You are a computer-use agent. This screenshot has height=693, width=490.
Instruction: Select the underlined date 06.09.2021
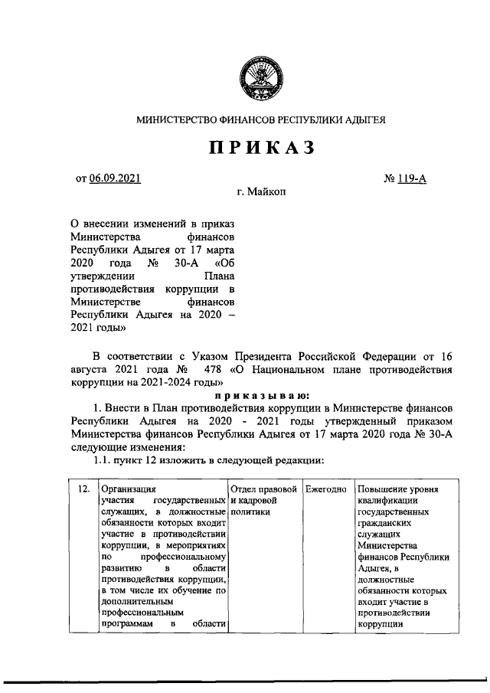[115, 180]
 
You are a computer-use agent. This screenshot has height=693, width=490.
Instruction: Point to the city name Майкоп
[267, 194]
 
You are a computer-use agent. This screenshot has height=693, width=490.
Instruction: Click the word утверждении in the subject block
[103, 277]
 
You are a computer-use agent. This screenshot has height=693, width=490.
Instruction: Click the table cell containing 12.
[82, 488]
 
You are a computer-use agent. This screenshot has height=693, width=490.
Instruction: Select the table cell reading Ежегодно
[325, 488]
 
